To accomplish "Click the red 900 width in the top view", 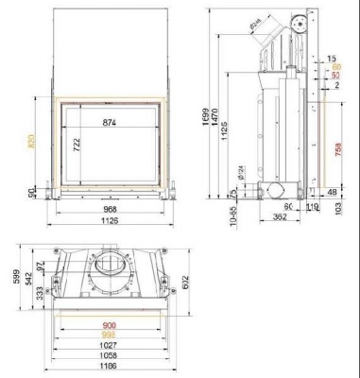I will coord(110,324).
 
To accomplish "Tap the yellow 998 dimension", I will coord(110,335).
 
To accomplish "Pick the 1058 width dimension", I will coord(110,355).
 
